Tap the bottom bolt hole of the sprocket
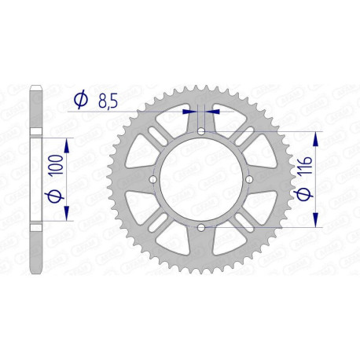tap(200, 228)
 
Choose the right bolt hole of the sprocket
tap(249, 179)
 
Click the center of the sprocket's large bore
tap(200, 179)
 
